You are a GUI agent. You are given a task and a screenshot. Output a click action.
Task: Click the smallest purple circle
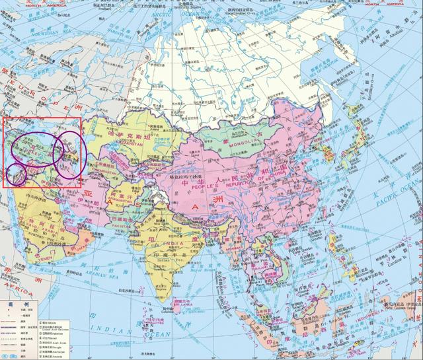(x=17, y=174)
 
